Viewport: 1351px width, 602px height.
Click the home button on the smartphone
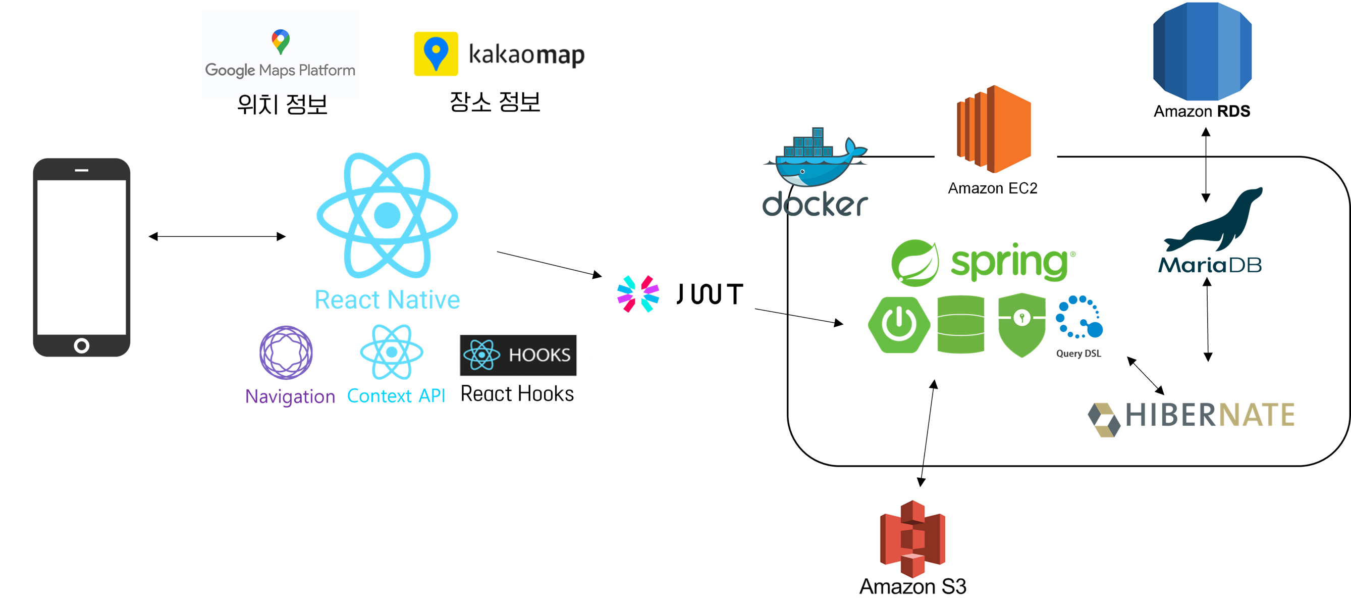[x=81, y=345]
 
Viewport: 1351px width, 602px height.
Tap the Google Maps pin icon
[x=281, y=42]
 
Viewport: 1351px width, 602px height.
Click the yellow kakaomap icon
[x=436, y=54]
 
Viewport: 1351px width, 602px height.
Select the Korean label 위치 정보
[x=282, y=104]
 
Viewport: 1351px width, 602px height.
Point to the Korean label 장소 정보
[x=495, y=102]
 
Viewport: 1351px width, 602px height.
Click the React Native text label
[x=387, y=299]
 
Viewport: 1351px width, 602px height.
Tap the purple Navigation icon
[x=286, y=353]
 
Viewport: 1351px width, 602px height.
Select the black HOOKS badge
[x=518, y=356]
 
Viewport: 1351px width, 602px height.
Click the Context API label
[x=396, y=396]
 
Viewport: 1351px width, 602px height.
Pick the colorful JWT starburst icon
[x=638, y=294]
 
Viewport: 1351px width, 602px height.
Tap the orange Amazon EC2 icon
[x=994, y=129]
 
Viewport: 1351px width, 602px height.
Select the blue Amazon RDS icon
[x=1202, y=51]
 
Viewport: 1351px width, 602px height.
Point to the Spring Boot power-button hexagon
[x=899, y=324]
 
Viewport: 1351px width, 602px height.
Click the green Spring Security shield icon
[x=1021, y=325]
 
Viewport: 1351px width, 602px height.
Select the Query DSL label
[x=1078, y=353]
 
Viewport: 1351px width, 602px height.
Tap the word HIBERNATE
[x=1210, y=415]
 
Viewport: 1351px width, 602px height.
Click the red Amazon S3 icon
[x=912, y=538]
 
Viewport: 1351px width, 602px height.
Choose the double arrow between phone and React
[x=217, y=237]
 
